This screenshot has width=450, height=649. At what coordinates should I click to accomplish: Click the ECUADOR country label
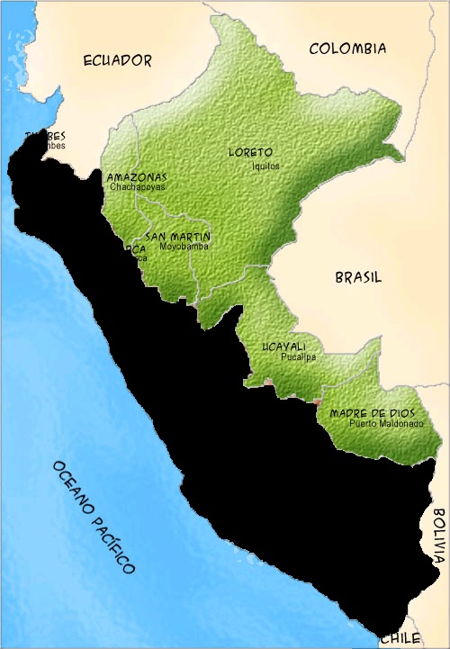(x=117, y=60)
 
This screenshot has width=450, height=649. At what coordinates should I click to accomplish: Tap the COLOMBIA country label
(x=347, y=49)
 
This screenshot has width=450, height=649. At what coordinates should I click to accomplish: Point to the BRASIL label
(x=358, y=278)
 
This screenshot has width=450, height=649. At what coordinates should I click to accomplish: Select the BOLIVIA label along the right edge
(x=438, y=535)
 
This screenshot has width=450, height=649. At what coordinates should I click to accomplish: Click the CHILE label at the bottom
(x=400, y=637)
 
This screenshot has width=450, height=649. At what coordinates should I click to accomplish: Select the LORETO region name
(x=250, y=152)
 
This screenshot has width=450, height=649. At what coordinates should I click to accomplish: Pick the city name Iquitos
(x=266, y=166)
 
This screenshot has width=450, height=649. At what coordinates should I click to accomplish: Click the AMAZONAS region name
(x=136, y=177)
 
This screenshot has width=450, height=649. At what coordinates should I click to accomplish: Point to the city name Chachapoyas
(x=139, y=188)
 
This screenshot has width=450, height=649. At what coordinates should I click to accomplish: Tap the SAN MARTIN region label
(x=178, y=236)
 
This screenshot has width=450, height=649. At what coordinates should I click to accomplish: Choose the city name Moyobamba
(x=184, y=246)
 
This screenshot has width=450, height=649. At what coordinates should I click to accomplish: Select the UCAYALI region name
(x=283, y=347)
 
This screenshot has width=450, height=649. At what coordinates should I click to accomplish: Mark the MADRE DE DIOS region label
(x=372, y=413)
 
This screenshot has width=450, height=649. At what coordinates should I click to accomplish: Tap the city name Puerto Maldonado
(x=386, y=423)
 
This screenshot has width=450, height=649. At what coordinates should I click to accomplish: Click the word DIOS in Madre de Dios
(x=399, y=413)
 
